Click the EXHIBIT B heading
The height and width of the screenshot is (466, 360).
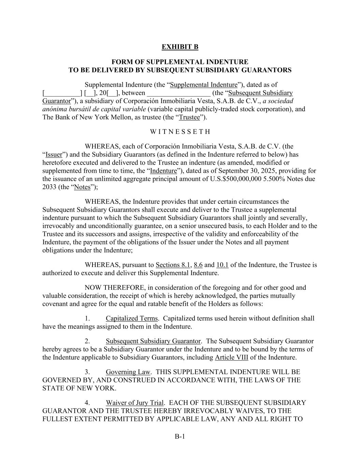(180, 47)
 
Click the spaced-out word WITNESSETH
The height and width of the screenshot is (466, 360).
(180, 132)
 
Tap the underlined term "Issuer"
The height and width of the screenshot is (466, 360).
(54, 155)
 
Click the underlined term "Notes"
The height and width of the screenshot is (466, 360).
(82, 187)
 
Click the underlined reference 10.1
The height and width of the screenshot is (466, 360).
(222, 265)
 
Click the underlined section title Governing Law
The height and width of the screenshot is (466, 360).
(128, 372)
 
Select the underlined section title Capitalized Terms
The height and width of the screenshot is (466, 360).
(132, 319)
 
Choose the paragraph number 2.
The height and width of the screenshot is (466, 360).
(87, 341)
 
